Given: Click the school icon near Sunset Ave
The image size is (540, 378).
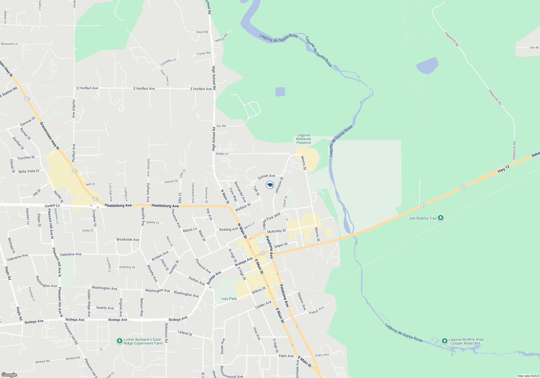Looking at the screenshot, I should pyautogui.click(x=270, y=185).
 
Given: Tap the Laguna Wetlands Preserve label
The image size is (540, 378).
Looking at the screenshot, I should pyautogui.click(x=303, y=139).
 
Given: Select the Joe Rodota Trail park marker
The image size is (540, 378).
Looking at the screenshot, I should pyautogui.click(x=441, y=218).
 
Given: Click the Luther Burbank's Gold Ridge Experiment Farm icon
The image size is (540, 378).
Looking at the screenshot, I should pyautogui.click(x=119, y=341).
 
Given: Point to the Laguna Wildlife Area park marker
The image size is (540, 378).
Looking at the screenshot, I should pyautogui.click(x=444, y=341).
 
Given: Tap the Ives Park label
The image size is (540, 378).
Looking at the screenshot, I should pyautogui.click(x=229, y=299).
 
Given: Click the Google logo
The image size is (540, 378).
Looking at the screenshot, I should pyautogui.click(x=9, y=374).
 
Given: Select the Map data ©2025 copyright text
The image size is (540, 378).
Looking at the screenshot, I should pyautogui.click(x=528, y=376).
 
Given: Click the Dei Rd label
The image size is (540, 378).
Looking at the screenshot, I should pyautogui.click(x=221, y=126).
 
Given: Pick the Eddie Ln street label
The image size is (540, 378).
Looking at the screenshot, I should pyautogui.click(x=222, y=154).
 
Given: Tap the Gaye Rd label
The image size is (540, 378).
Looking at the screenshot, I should pyautogui.click(x=202, y=32).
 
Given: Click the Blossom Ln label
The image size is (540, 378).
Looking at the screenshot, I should pyautogui.click(x=9, y=44).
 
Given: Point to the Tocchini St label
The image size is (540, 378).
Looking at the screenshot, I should pyautogui.click(x=26, y=158).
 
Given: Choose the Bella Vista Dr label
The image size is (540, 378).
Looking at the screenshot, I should pyautogui.click(x=29, y=171).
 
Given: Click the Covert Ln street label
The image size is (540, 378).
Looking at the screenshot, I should pyautogui.click(x=52, y=206).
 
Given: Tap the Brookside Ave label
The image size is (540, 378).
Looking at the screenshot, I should pyautogui.click(x=128, y=239).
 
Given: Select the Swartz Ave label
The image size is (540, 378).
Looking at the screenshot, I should pyautogui.click(x=105, y=308).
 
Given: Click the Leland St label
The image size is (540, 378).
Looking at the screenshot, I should pyautogui.click(x=185, y=333).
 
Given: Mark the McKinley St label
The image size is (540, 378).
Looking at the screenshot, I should pyautogui.click(x=276, y=231).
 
